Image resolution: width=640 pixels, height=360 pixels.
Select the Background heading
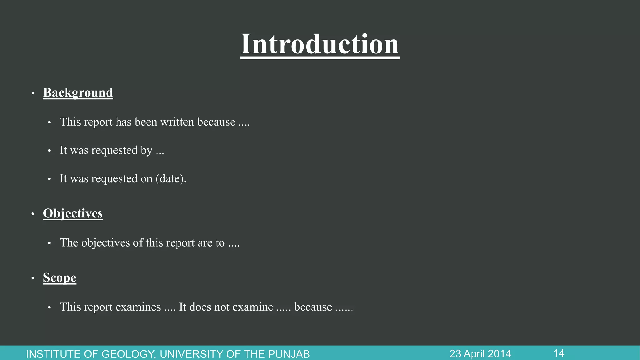pyautogui.click(x=78, y=92)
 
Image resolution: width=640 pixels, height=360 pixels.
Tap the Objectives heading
pyautogui.click(x=73, y=213)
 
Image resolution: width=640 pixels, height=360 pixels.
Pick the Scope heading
pyautogui.click(x=59, y=277)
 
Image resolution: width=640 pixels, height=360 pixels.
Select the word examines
pyautogui.click(x=138, y=307)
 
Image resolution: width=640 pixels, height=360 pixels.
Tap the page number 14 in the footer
pyautogui.click(x=559, y=353)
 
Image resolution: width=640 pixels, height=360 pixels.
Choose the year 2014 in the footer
pyautogui.click(x=499, y=354)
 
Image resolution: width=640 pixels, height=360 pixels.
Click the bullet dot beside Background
pyautogui.click(x=32, y=93)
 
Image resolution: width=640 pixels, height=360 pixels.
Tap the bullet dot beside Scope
pyautogui.click(x=32, y=278)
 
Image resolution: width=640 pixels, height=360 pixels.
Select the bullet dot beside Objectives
pyautogui.click(x=32, y=214)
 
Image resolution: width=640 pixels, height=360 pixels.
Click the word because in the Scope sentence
pyautogui.click(x=313, y=307)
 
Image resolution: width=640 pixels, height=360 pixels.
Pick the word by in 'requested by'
pyautogui.click(x=146, y=150)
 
